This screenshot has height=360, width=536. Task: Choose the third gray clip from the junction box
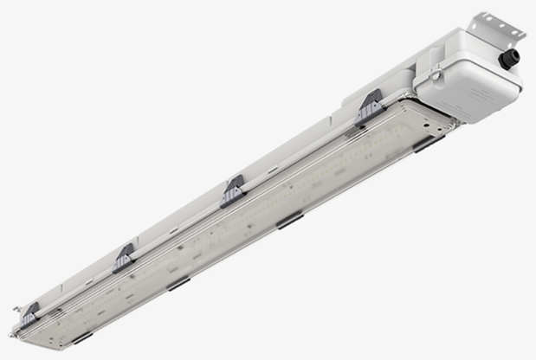click(x=126, y=257)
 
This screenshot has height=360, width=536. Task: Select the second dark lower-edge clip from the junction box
click(x=290, y=222)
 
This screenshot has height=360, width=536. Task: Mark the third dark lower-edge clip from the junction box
click(x=178, y=283)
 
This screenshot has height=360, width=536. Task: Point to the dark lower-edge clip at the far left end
click(x=83, y=337)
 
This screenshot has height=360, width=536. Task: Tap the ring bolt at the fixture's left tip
click(x=12, y=331)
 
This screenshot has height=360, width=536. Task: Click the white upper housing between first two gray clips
click(x=299, y=143)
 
